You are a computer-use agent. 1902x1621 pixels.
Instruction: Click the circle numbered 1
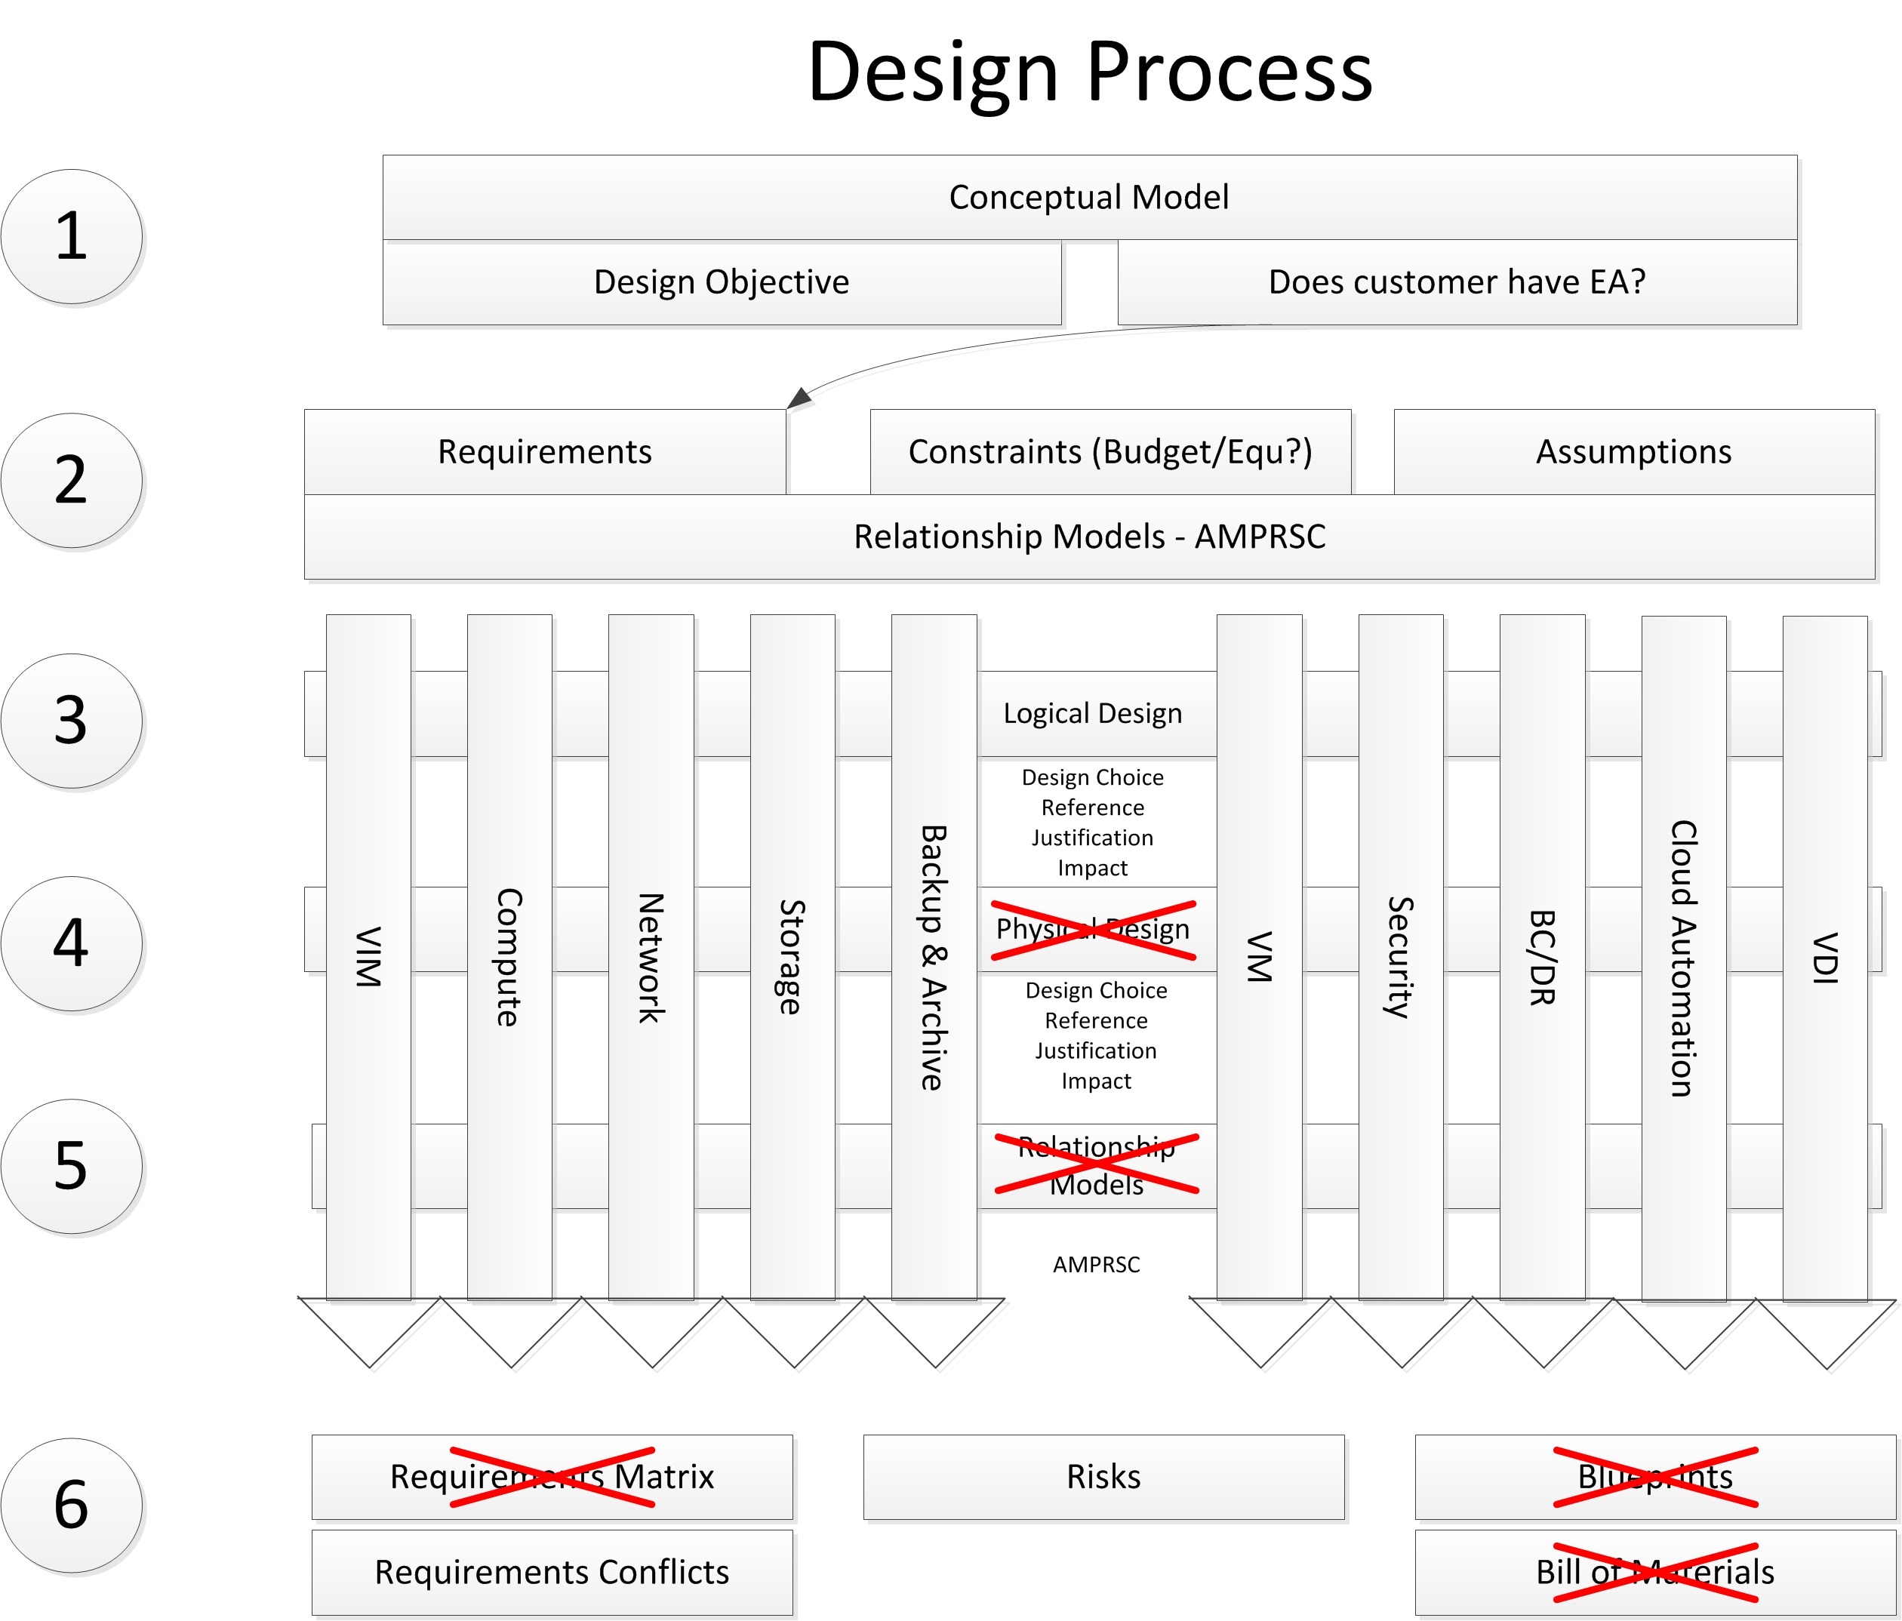click(x=72, y=236)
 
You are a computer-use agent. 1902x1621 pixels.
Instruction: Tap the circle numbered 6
click(x=72, y=1505)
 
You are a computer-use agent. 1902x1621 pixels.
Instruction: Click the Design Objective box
click(x=722, y=281)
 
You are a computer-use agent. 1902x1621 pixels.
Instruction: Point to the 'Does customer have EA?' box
click(x=1457, y=281)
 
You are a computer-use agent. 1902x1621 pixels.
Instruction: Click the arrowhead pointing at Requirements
click(x=799, y=398)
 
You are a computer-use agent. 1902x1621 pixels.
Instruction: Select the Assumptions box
click(x=1634, y=451)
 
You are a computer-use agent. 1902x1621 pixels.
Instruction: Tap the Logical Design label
click(x=1092, y=713)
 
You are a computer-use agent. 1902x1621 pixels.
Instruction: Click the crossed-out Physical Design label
click(x=1092, y=929)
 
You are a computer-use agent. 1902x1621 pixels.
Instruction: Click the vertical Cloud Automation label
click(x=1684, y=958)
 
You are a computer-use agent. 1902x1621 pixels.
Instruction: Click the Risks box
click(x=1103, y=1477)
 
